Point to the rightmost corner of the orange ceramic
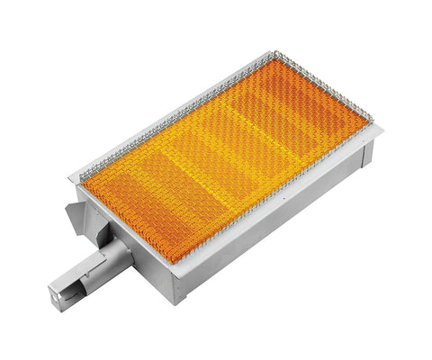tap(366, 117)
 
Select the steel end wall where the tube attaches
tap(126, 234)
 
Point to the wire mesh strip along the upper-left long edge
tap(162, 116)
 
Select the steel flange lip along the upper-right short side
tap(315, 79)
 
